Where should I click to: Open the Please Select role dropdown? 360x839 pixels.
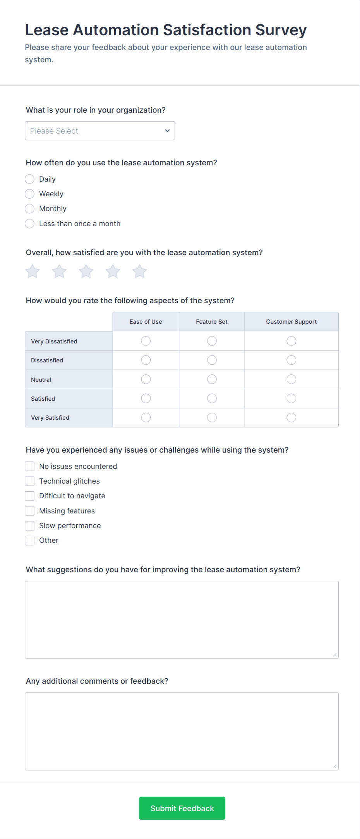100,131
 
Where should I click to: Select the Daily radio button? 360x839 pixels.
30,179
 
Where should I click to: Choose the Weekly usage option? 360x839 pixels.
30,194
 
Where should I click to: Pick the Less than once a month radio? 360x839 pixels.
30,223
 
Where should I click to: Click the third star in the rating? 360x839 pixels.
86,271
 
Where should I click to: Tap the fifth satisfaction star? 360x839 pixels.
139,271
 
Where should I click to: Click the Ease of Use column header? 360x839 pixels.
146,322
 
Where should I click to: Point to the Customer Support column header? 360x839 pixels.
291,322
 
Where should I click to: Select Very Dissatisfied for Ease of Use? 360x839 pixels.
146,341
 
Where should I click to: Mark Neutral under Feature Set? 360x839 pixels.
212,379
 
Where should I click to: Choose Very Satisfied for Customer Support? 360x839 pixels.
291,417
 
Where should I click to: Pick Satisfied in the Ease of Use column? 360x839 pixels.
146,398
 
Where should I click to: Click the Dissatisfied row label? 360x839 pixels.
47,360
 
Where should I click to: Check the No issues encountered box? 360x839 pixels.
30,466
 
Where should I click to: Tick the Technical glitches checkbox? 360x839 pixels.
30,481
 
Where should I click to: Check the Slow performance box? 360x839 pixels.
30,525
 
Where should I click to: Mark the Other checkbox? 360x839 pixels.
30,540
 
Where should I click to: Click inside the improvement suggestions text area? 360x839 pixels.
182,619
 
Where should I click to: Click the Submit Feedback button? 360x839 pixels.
182,808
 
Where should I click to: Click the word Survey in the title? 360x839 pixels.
281,30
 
